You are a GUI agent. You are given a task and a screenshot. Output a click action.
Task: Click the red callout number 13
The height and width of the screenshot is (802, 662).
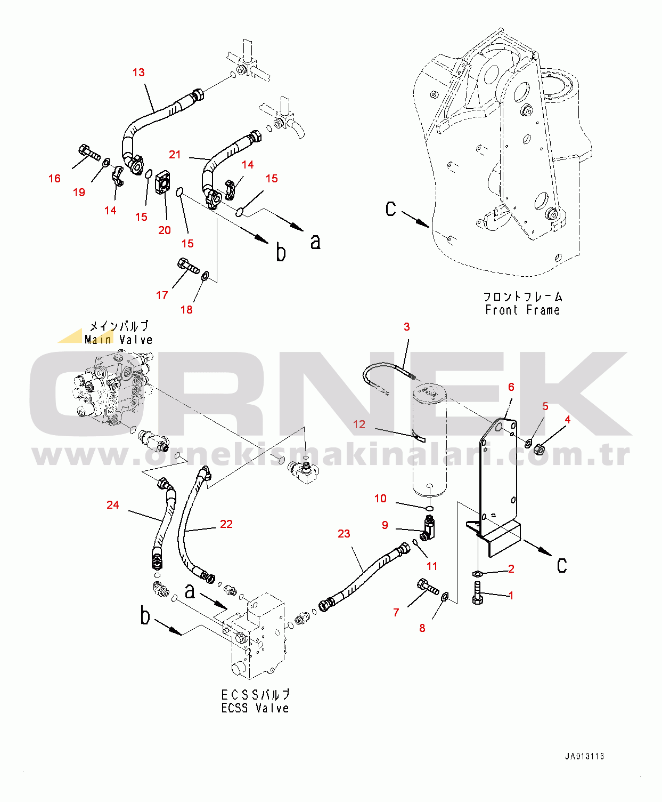138,72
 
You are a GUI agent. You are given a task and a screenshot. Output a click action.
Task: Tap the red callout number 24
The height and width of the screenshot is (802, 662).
113,504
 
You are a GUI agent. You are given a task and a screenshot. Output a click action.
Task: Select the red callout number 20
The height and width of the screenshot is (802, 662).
165,230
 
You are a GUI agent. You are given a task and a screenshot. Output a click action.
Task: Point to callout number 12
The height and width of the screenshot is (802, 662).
359,424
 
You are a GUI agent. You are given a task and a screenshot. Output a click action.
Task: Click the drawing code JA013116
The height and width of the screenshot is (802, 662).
585,756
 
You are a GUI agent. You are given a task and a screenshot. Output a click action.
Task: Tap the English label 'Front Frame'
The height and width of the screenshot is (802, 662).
522,310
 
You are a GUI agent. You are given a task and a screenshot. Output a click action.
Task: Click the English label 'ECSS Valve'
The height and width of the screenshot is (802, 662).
255,708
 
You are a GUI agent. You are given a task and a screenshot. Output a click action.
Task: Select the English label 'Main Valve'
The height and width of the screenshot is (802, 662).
119,340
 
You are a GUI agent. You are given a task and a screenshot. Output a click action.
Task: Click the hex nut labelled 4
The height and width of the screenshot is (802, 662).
540,448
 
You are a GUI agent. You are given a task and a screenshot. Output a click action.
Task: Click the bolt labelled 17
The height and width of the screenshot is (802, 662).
189,266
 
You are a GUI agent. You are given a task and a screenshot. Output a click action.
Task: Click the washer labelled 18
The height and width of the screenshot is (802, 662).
205,275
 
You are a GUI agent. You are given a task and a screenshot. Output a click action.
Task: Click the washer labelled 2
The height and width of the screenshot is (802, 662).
477,574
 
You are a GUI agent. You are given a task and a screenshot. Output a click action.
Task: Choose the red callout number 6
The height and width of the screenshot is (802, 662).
511,387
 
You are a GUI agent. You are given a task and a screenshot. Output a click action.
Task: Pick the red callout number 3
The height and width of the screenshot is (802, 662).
406,327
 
